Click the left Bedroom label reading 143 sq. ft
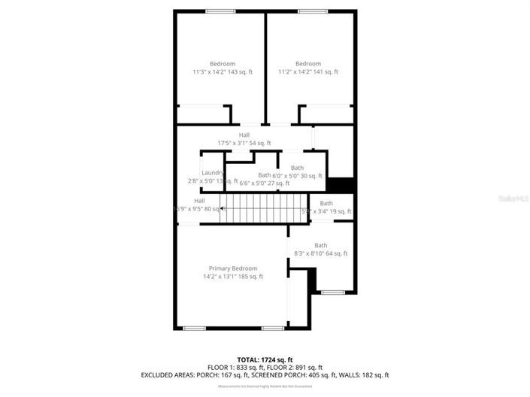(x=223, y=68)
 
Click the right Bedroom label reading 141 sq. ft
(x=308, y=68)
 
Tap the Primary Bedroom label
(x=233, y=272)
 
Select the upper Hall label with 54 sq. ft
(x=244, y=139)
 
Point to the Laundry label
(x=213, y=177)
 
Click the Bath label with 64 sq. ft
(x=321, y=250)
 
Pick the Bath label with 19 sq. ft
(x=326, y=208)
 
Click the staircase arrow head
(x=222, y=208)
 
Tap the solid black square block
(x=341, y=186)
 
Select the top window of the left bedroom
(x=220, y=11)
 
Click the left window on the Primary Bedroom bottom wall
(x=195, y=328)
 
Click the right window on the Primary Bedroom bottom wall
(x=272, y=328)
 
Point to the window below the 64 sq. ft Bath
(x=332, y=292)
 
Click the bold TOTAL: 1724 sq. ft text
(x=265, y=359)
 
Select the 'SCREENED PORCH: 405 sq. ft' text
(x=309, y=374)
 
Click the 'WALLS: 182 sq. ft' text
(x=366, y=374)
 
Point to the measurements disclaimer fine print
(x=265, y=386)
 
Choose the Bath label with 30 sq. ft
(x=298, y=172)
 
